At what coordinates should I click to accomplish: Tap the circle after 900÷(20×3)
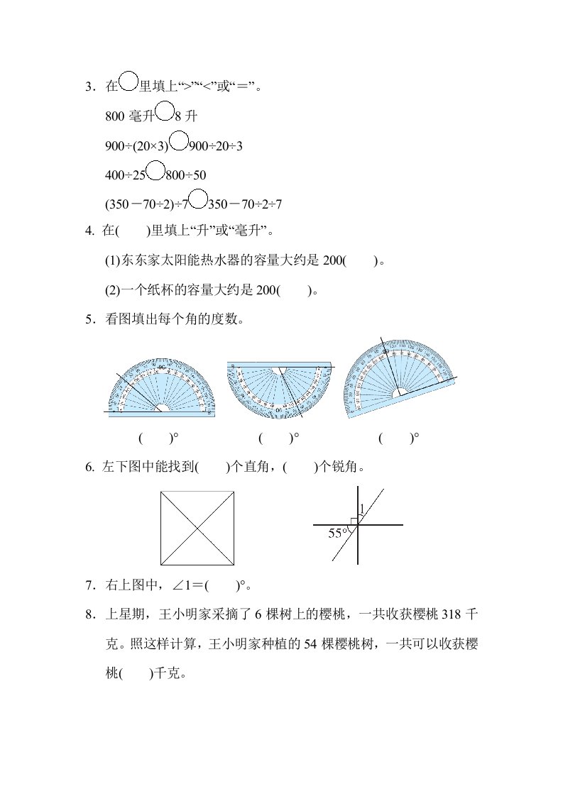click(180, 142)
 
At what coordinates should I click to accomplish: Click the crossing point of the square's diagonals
click(197, 527)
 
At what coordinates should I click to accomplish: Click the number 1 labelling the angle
click(361, 509)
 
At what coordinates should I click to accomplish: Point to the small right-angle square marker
click(354, 521)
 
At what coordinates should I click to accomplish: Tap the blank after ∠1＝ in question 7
click(219, 586)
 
